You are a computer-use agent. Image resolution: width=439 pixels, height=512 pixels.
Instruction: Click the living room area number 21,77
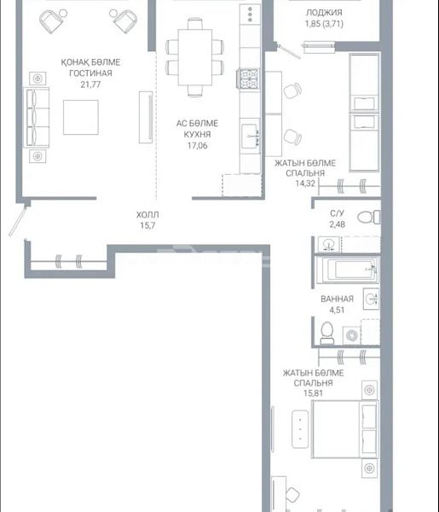click(x=90, y=84)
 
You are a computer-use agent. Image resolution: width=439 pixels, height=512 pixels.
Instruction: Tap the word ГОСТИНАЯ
click(x=90, y=73)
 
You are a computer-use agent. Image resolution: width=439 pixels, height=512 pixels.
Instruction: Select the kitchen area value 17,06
click(x=197, y=146)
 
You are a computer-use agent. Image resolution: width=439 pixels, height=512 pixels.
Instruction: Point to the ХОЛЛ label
click(x=147, y=214)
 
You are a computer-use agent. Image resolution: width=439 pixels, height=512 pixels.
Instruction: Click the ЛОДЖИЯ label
click(x=324, y=13)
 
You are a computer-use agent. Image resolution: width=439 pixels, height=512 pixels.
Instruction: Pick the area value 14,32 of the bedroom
click(x=305, y=183)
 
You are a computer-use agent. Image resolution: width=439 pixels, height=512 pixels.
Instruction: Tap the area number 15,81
click(x=313, y=393)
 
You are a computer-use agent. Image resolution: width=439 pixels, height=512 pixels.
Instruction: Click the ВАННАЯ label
click(x=337, y=299)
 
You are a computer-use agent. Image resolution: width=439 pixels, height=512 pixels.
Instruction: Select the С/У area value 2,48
click(x=337, y=224)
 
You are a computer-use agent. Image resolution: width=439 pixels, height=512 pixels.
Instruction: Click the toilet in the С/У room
click(x=369, y=217)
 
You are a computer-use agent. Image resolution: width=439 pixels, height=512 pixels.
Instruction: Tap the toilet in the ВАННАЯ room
click(x=326, y=334)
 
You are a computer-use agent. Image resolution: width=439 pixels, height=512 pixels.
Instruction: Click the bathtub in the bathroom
click(x=348, y=270)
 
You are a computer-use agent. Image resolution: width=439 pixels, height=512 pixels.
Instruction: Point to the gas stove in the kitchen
click(x=249, y=79)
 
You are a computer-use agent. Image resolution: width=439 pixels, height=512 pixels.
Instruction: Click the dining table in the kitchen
click(x=195, y=57)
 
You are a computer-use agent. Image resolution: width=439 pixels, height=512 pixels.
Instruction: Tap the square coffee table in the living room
click(x=81, y=117)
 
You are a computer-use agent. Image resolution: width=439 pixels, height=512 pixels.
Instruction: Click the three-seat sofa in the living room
click(x=36, y=118)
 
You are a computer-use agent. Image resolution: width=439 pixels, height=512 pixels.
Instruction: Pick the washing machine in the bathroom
click(x=351, y=335)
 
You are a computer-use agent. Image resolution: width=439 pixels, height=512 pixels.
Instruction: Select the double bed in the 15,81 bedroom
click(x=345, y=429)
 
